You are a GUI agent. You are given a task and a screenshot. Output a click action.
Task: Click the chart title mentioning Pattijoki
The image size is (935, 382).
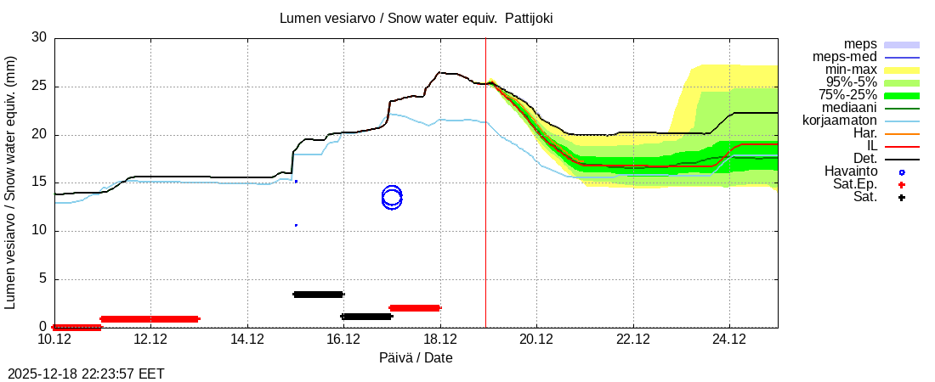(416, 18)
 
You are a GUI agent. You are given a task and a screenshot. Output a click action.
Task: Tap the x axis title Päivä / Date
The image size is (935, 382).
(416, 358)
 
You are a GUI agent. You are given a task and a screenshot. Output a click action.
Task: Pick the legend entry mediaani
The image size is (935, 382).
(846, 108)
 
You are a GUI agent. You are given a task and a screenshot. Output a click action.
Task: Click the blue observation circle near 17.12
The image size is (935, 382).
(392, 198)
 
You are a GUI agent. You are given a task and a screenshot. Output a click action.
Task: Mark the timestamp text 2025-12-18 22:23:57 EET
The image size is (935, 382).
(86, 374)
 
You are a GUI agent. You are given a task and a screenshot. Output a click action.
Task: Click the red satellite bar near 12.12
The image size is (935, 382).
(150, 319)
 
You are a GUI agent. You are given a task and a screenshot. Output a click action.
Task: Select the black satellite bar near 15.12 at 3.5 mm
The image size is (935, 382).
(318, 295)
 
